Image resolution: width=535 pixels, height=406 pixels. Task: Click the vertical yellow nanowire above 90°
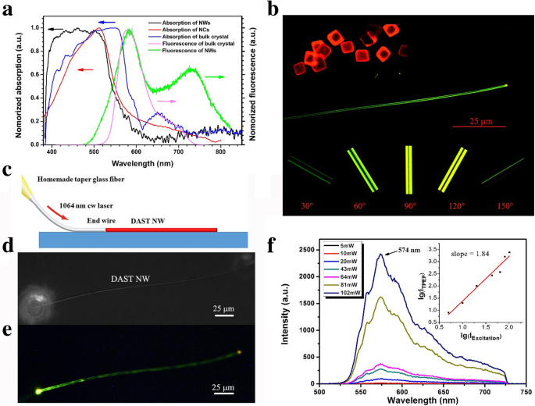(x=408, y=167)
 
